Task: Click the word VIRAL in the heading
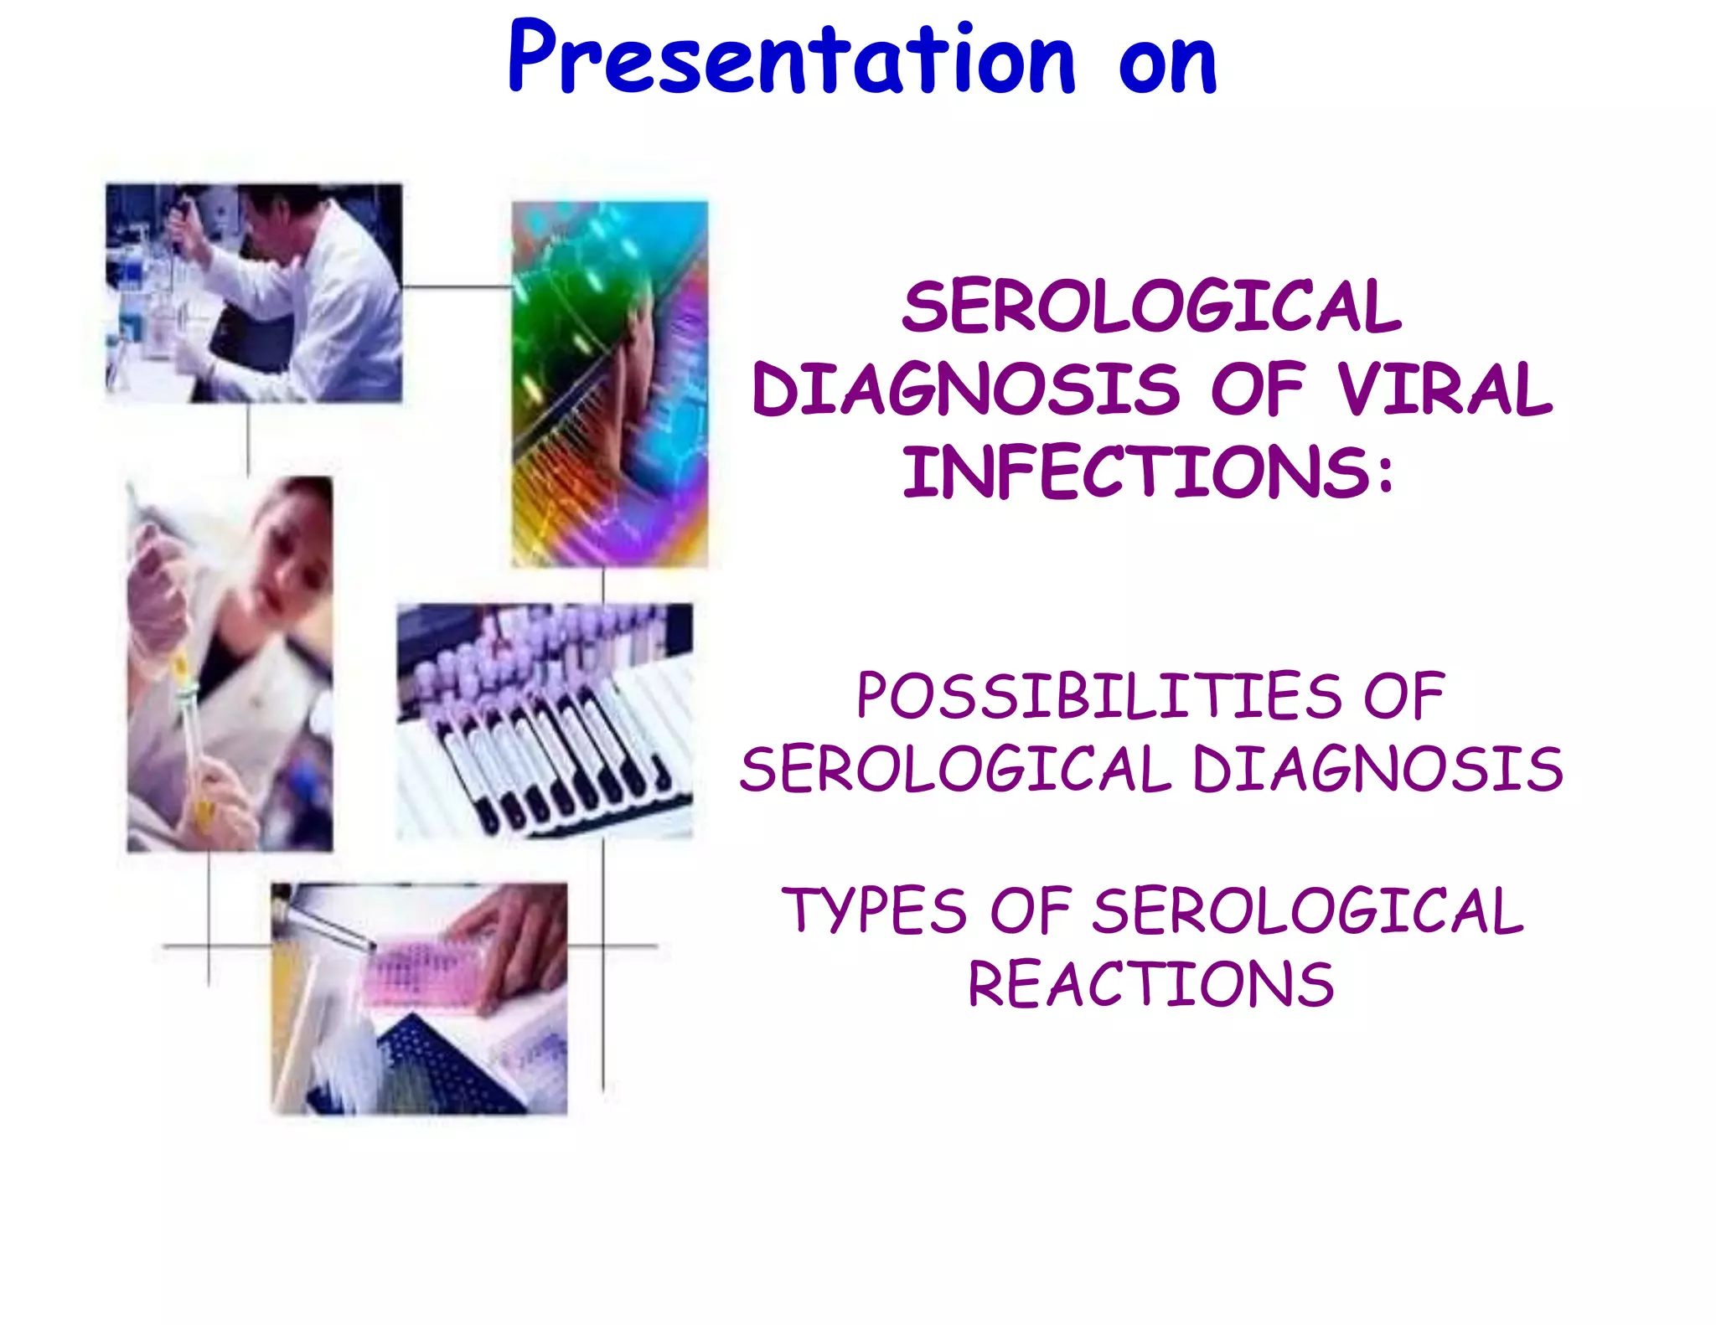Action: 1445,390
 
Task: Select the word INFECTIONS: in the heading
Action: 1149,472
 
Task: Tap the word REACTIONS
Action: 1150,985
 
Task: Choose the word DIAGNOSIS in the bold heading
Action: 966,390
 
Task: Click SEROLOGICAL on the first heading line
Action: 1151,307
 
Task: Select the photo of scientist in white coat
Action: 254,293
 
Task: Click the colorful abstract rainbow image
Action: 610,384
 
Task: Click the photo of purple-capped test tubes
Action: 545,720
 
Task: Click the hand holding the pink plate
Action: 519,938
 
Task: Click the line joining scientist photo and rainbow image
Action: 457,287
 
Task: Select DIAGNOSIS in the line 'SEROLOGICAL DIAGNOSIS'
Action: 1377,770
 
